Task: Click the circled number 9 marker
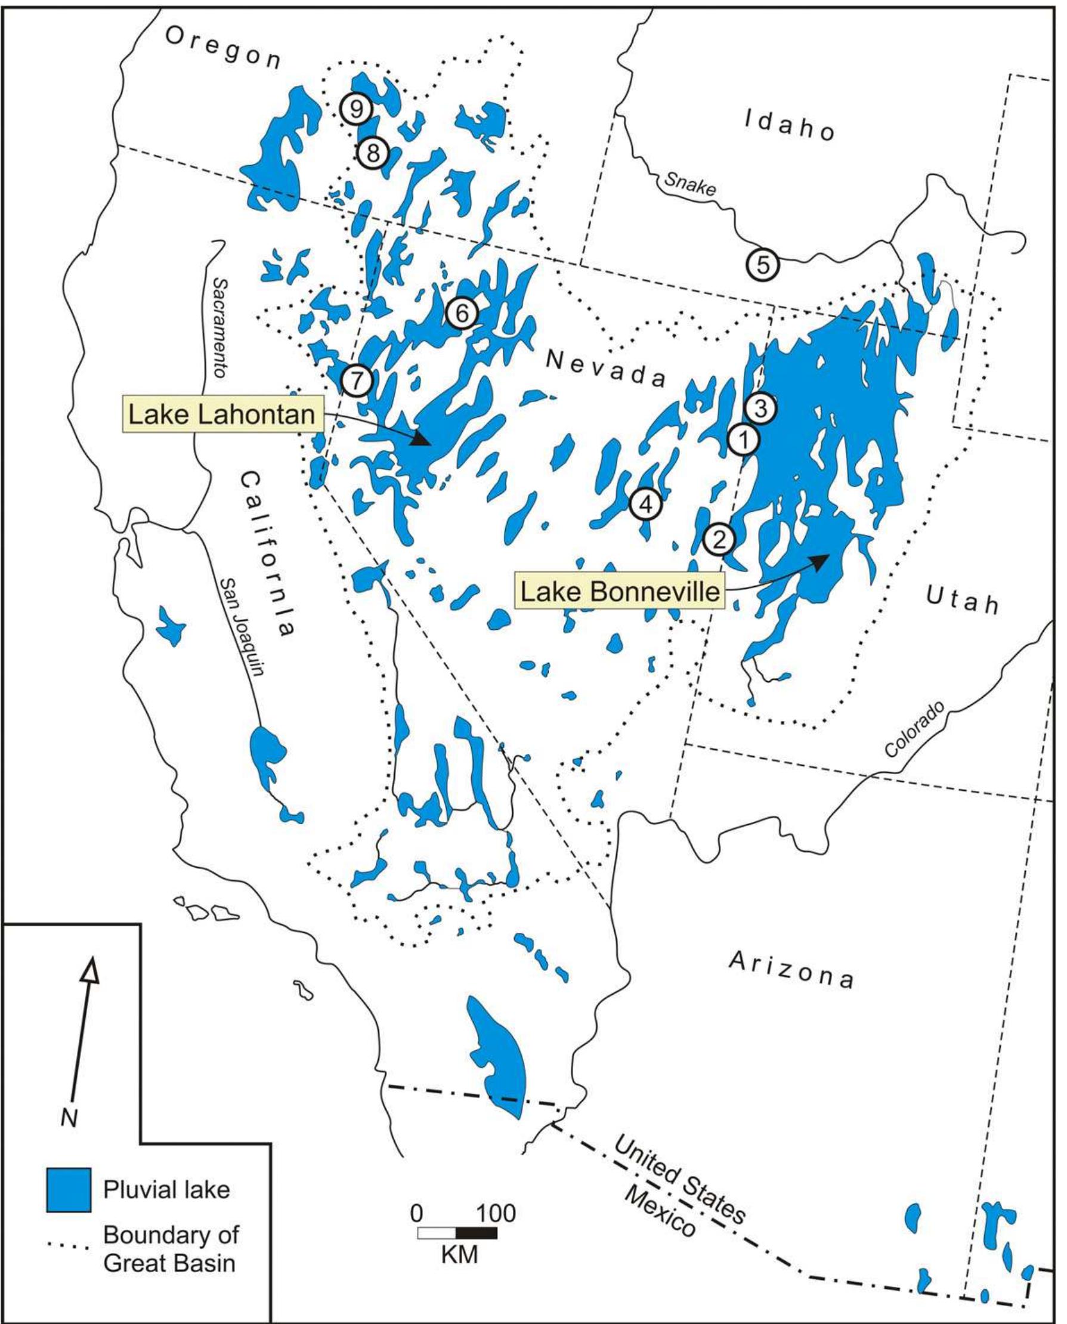[x=356, y=109]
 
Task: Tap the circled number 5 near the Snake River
[x=763, y=265]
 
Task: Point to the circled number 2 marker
[x=719, y=539]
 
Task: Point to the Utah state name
[x=963, y=599]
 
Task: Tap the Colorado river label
[x=914, y=729]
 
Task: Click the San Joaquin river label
[x=242, y=626]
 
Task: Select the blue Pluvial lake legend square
[x=69, y=1190]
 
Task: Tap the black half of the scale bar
[x=476, y=1232]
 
